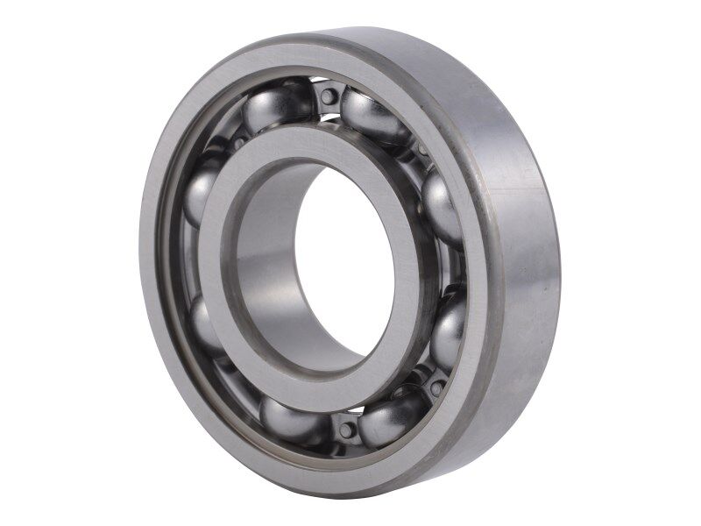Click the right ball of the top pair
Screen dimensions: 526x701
[372, 114]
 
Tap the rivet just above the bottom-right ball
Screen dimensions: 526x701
[435, 387]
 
